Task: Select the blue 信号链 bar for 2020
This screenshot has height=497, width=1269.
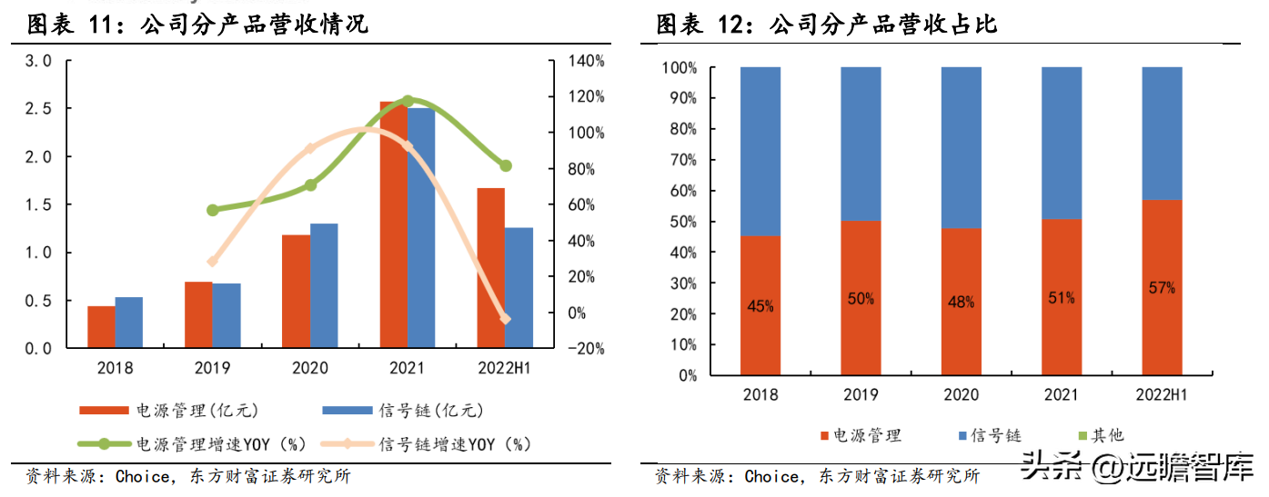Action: [324, 285]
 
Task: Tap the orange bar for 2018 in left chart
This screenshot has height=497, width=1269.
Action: [101, 327]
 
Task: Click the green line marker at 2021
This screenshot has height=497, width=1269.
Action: [408, 101]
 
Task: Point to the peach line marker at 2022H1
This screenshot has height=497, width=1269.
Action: [506, 319]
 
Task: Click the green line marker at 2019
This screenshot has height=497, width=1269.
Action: [213, 210]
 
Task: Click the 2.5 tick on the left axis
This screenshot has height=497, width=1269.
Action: [37, 109]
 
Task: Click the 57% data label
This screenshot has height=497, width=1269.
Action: [1162, 288]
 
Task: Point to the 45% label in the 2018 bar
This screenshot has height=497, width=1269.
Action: [760, 306]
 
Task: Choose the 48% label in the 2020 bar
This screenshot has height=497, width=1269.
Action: [961, 302]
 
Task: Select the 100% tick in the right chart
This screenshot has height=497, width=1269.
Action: [680, 68]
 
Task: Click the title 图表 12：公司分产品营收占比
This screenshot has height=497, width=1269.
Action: [827, 25]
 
